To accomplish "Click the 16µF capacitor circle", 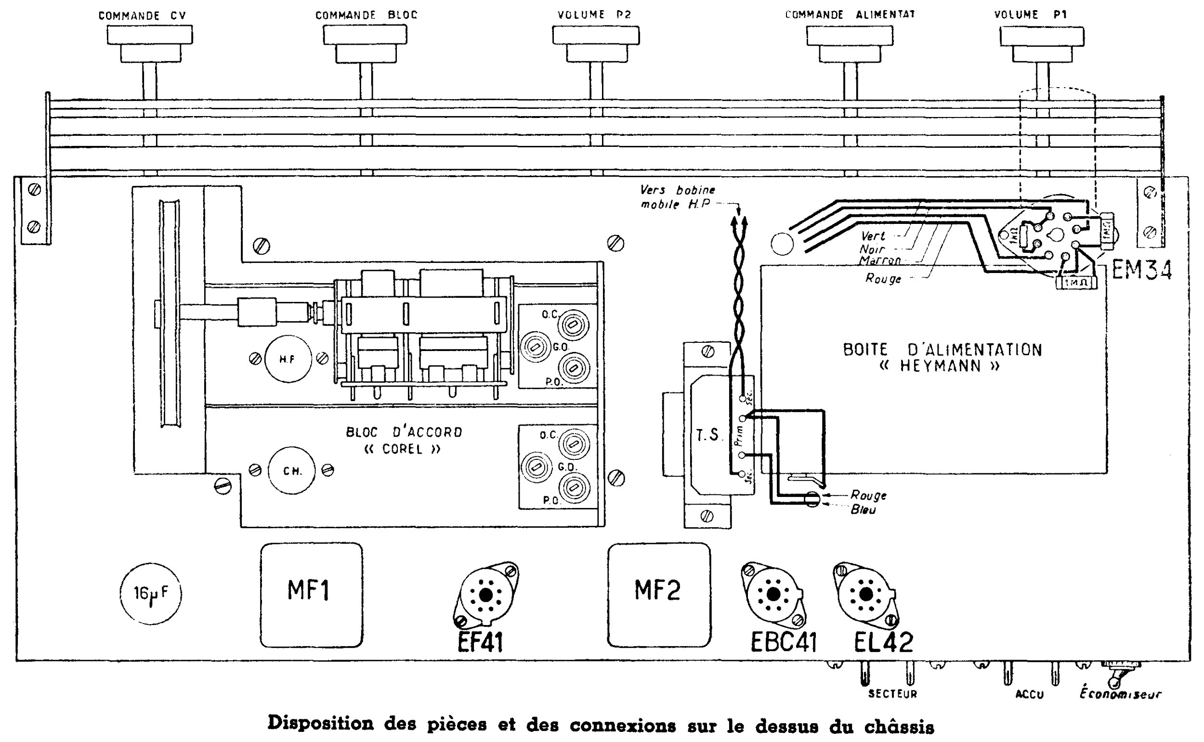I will pos(150,594).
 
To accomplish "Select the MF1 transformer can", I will pos(311,595).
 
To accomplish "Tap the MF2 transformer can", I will pos(659,595).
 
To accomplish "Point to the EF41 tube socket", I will pos(486,595).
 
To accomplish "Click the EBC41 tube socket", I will pos(773,594).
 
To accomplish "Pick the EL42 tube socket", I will pos(866,594).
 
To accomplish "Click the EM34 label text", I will pos(1142,271).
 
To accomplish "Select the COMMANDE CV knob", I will pos(150,44).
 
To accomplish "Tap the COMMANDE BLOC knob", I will pos(365,44).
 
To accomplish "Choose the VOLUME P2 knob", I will pos(596,44).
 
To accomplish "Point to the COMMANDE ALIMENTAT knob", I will pos(850,44).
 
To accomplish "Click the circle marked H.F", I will pos(288,359).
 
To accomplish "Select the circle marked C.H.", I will pos(291,470).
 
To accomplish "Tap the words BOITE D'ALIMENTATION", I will pos(942,350).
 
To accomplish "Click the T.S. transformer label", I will pos(707,435).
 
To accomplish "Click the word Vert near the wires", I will pos(873,236).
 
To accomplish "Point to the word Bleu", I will pos(863,510).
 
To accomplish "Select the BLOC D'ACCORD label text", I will pos(404,432).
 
